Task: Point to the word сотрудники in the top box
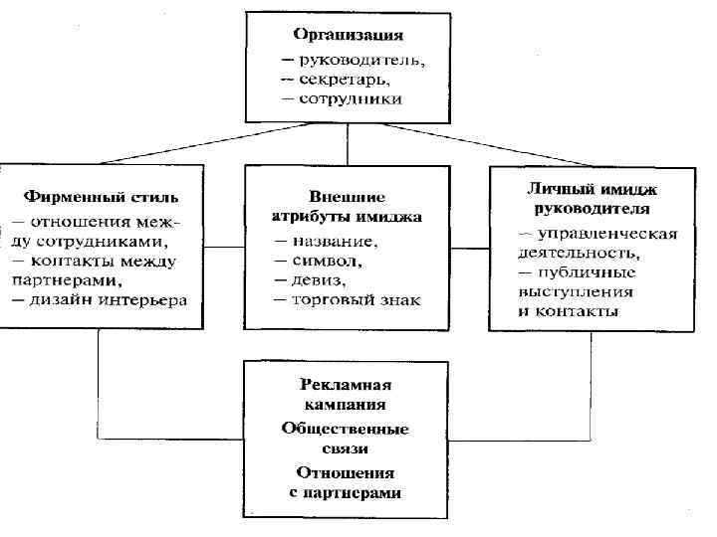point(352,98)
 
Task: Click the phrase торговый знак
point(357,299)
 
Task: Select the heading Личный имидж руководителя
point(594,199)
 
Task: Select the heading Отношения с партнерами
point(346,483)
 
